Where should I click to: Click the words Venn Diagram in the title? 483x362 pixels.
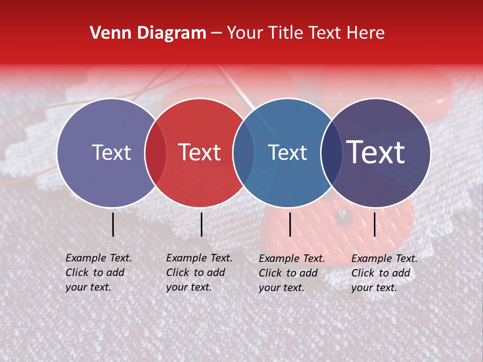[148, 33]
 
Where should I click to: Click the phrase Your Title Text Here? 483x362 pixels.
[305, 33]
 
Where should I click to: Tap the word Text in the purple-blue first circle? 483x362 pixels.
[111, 153]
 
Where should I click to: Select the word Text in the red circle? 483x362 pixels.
[200, 153]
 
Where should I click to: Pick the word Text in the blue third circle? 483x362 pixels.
[287, 153]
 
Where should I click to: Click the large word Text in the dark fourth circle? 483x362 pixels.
[376, 153]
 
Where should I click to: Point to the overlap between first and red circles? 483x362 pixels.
[155, 153]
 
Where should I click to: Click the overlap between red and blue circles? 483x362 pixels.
[244, 153]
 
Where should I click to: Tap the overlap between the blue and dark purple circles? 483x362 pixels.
[331, 153]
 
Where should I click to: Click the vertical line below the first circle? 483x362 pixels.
[113, 224]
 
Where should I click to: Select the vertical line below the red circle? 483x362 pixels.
[201, 224]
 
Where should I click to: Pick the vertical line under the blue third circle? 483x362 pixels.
[290, 224]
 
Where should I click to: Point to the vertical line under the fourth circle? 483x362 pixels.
[375, 224]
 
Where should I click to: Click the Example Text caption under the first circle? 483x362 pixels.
[98, 273]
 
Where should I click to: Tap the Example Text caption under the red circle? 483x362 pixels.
[199, 273]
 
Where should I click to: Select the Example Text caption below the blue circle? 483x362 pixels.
[291, 273]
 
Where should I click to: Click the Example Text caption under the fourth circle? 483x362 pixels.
[384, 273]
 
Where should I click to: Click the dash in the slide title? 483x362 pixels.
[216, 34]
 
